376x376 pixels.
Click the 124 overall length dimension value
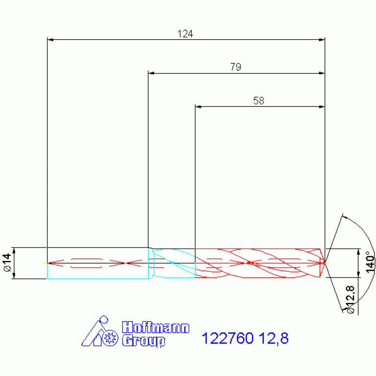(185, 34)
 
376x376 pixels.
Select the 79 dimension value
(235, 67)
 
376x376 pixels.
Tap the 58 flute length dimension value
(259, 100)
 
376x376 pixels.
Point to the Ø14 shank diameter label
(8, 262)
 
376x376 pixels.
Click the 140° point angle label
(370, 262)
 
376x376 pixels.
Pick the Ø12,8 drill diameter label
(351, 300)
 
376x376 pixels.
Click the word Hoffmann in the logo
(155, 327)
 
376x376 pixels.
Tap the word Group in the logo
(144, 341)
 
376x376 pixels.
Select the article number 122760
(227, 338)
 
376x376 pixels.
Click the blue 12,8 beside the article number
(274, 338)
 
